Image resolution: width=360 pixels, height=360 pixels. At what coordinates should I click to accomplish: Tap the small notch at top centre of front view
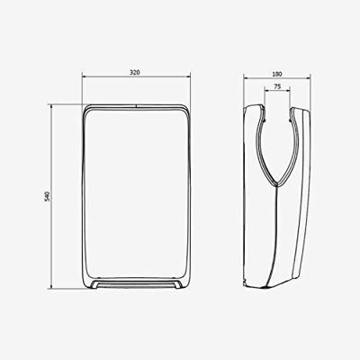tap(137, 105)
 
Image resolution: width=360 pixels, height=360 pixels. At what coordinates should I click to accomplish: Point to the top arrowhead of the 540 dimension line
tap(52, 105)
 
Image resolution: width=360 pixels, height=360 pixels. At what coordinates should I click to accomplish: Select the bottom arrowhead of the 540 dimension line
tap(52, 289)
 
